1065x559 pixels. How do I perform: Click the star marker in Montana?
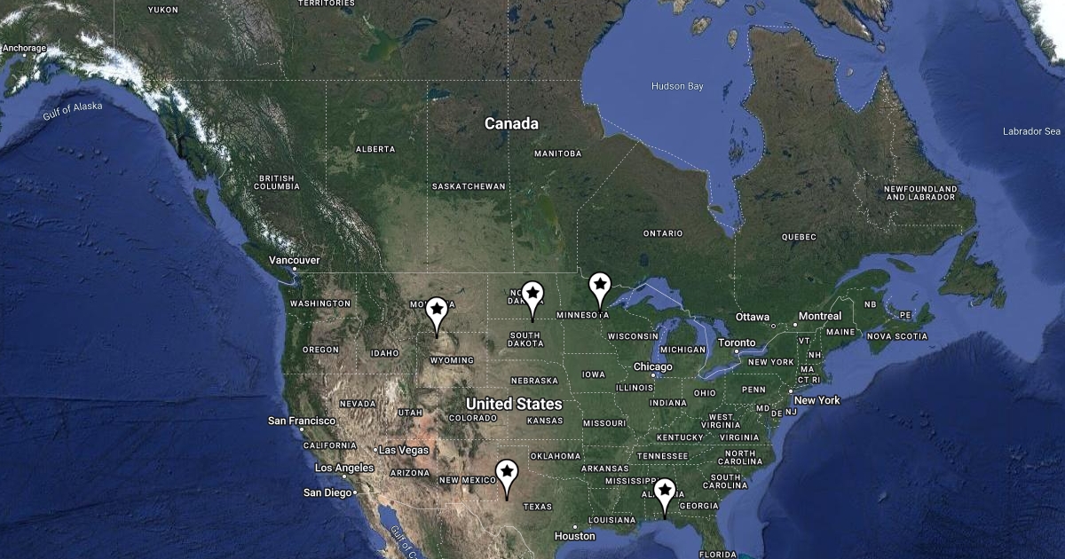pos(436,311)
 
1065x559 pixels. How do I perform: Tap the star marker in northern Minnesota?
pos(600,286)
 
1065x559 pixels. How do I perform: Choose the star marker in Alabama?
pos(665,492)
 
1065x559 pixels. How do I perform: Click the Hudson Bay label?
pos(677,86)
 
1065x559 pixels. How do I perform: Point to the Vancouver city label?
pos(295,260)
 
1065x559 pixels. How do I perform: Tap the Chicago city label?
pos(653,366)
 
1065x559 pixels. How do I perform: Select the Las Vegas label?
pos(404,450)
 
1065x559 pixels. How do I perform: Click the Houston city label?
pos(574,536)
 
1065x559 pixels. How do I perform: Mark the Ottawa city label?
pos(752,317)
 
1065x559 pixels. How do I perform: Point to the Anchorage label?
pos(24,48)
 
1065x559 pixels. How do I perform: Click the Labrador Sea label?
pos(1031,131)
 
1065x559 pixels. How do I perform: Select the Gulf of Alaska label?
pos(73,111)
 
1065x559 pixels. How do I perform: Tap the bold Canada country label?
pos(511,124)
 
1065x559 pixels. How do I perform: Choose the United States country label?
pos(514,404)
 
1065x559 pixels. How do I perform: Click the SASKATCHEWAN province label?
pos(469,186)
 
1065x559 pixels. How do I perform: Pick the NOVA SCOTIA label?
pos(897,336)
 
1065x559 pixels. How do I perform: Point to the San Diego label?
pos(327,492)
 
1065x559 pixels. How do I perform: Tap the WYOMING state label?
pos(452,360)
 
